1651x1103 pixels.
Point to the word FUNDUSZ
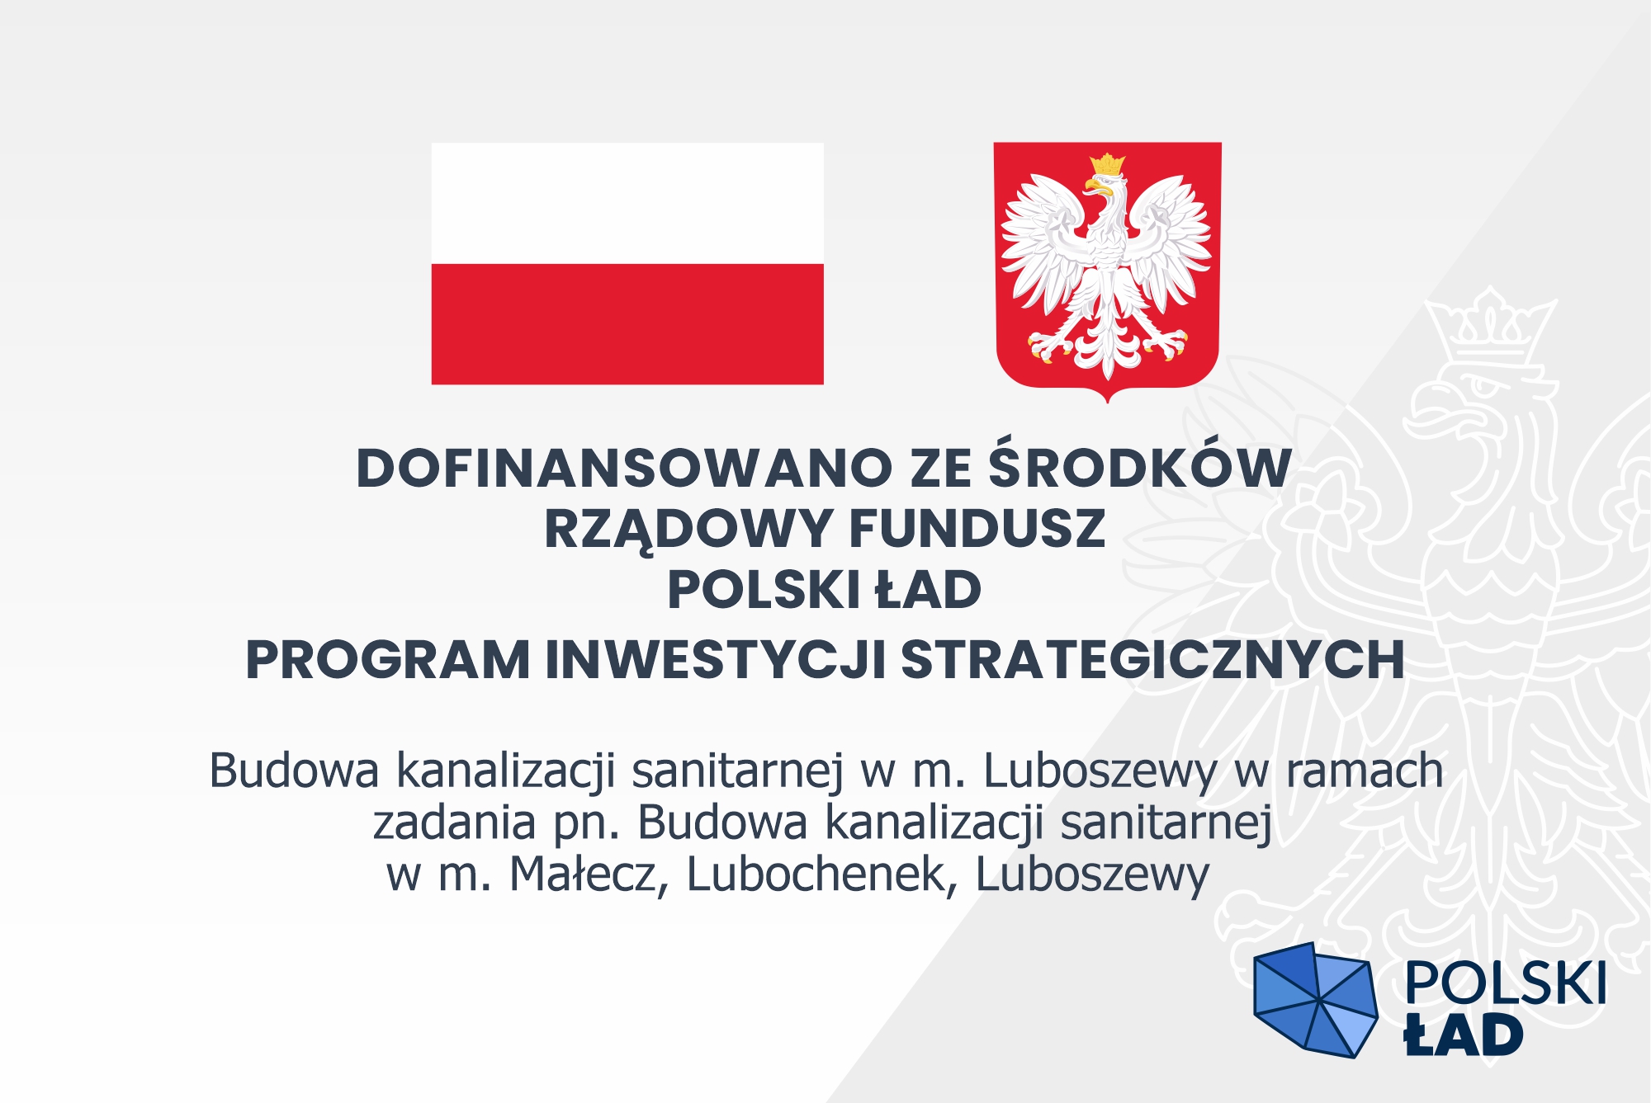coord(977,529)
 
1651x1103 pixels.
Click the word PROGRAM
coord(388,660)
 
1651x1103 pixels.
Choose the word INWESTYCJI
coord(716,660)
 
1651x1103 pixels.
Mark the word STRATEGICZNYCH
coord(1152,660)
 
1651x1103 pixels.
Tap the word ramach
coord(1365,771)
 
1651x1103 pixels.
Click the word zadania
coord(454,823)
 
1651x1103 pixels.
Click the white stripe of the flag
coord(627,204)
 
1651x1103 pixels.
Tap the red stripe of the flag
coord(627,324)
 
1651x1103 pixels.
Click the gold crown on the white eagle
coord(1107,163)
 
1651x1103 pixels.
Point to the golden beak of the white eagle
coord(1095,186)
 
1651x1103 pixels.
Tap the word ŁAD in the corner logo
coord(1464,1035)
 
